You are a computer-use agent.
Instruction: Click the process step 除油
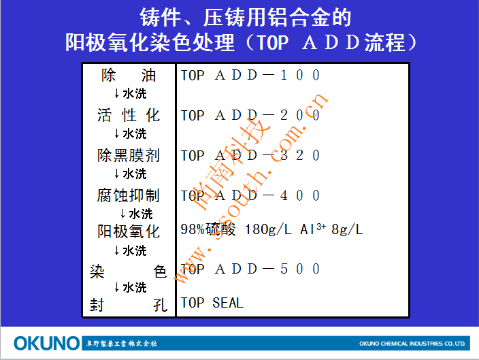pyautogui.click(x=129, y=75)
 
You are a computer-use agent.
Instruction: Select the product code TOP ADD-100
pyautogui.click(x=250, y=75)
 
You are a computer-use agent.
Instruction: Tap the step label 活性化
pyautogui.click(x=129, y=115)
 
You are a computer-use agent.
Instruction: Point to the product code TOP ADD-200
pyautogui.click(x=250, y=116)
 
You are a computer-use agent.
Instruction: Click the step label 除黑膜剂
pyautogui.click(x=129, y=155)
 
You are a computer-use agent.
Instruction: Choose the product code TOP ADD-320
pyautogui.click(x=250, y=156)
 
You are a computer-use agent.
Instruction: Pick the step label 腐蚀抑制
pyautogui.click(x=129, y=195)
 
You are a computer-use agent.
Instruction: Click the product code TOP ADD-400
pyautogui.click(x=250, y=195)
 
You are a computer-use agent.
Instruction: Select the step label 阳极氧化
pyautogui.click(x=129, y=231)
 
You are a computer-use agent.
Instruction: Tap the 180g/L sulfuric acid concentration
pyautogui.click(x=268, y=229)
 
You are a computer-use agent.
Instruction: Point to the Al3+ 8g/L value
pyautogui.click(x=331, y=229)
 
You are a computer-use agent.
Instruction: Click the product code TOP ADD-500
pyautogui.click(x=250, y=269)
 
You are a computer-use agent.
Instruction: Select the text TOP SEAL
pyautogui.click(x=212, y=303)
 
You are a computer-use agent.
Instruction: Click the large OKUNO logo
pyautogui.click(x=46, y=343)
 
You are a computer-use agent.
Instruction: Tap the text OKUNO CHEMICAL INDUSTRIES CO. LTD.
pyautogui.click(x=412, y=344)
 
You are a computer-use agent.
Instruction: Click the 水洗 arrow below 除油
pyautogui.click(x=130, y=93)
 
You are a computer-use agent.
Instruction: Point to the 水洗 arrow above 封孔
pyautogui.click(x=130, y=287)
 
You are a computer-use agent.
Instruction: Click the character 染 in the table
pyautogui.click(x=97, y=272)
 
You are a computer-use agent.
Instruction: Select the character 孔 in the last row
pyautogui.click(x=160, y=305)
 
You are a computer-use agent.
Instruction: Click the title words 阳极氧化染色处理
pyautogui.click(x=150, y=42)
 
